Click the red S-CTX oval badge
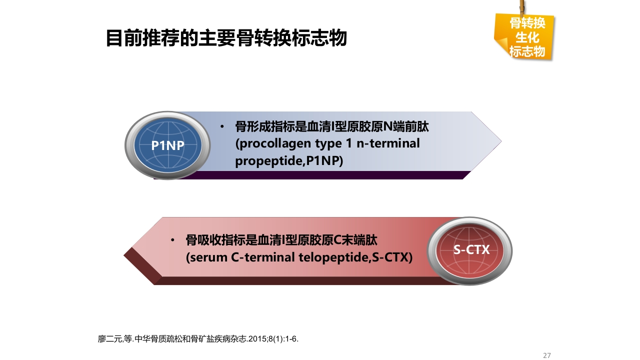pyautogui.click(x=471, y=249)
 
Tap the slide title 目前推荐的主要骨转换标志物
pyautogui.click(x=226, y=38)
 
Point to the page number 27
pyautogui.click(x=546, y=355)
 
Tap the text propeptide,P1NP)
pyautogui.click(x=289, y=161)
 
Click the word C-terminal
pyautogui.click(x=264, y=257)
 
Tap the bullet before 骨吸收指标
pyautogui.click(x=172, y=240)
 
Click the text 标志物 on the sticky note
pyautogui.click(x=526, y=51)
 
